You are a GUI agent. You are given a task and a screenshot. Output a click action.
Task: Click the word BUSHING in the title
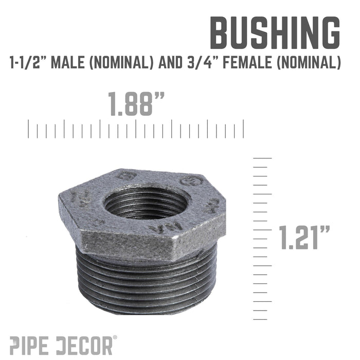click(x=274, y=34)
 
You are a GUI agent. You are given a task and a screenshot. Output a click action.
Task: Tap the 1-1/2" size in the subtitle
click(x=36, y=63)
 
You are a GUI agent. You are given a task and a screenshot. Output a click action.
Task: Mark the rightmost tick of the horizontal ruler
click(x=243, y=129)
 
